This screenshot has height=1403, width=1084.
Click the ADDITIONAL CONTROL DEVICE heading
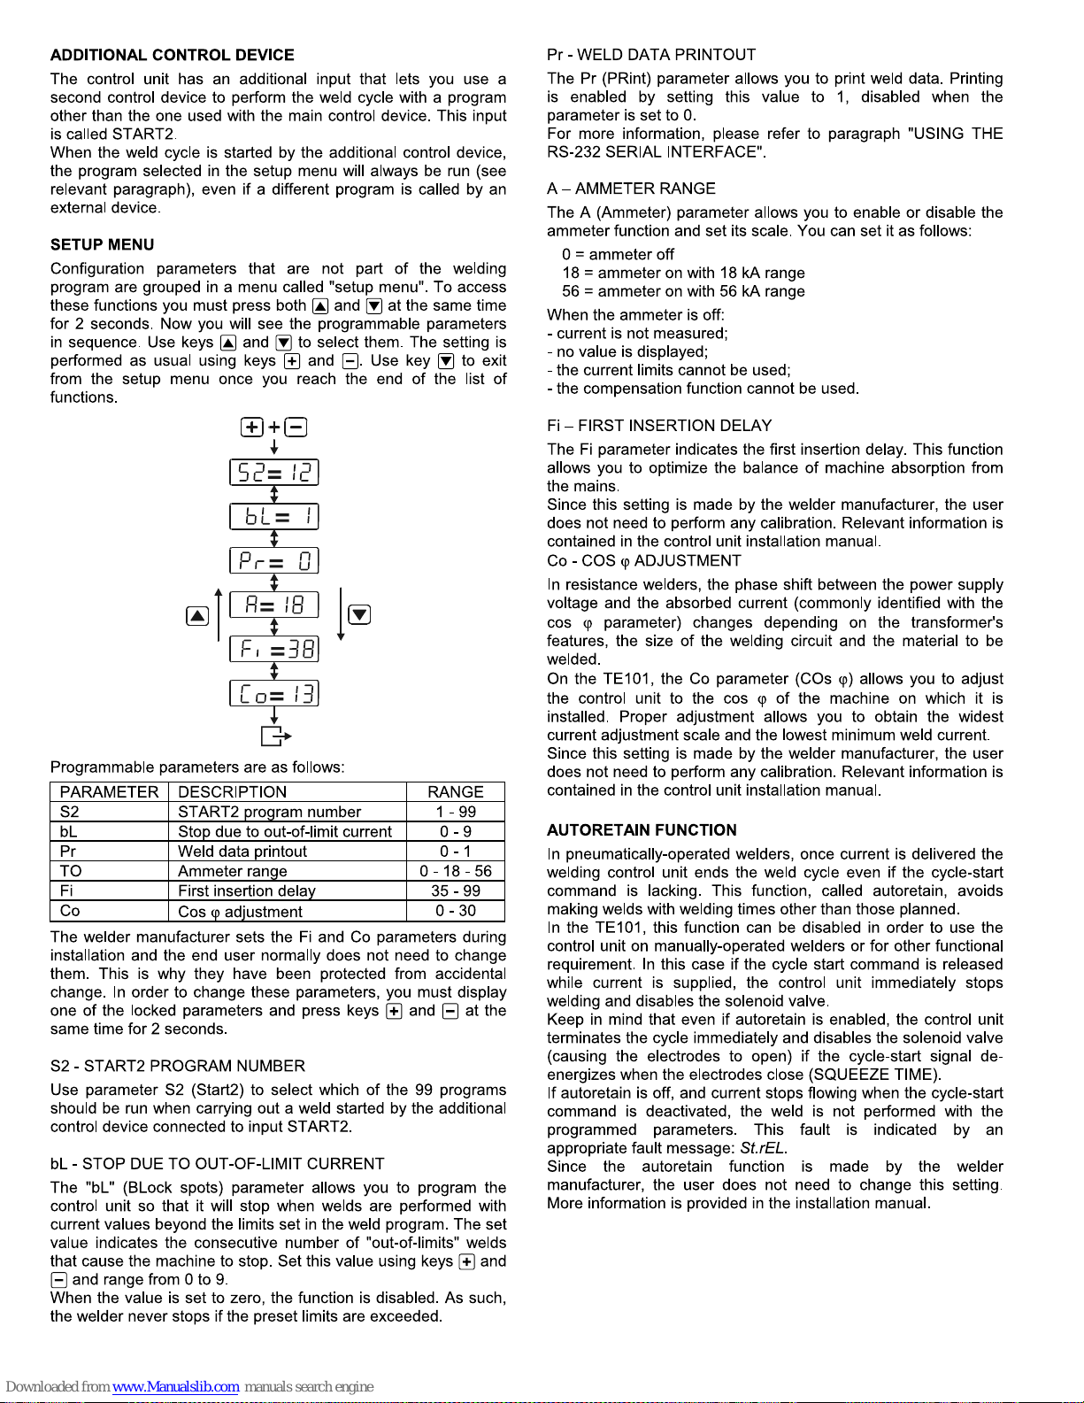172,55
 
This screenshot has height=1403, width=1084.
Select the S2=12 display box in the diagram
273,473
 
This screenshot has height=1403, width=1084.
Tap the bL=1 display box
273,517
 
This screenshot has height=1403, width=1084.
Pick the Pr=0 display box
273,561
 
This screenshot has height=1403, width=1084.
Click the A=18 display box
273,605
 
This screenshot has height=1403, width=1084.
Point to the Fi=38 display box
273,650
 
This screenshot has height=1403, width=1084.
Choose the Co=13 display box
273,694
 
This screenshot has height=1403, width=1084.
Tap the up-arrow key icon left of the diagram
197,616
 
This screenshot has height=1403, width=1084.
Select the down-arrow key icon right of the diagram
359,615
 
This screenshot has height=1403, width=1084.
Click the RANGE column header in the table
455,792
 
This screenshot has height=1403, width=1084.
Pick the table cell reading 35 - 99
455,891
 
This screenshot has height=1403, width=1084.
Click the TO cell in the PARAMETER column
71,871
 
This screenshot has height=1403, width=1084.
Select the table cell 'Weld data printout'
242,852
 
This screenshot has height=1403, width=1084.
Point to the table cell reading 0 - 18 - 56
455,871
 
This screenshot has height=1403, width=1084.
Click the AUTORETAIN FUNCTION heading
642,830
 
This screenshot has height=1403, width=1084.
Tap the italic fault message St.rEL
763,1149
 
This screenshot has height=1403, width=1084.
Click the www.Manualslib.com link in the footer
175,1387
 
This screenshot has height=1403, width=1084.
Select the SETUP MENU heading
102,245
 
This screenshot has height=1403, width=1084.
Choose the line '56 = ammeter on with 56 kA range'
683,291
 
